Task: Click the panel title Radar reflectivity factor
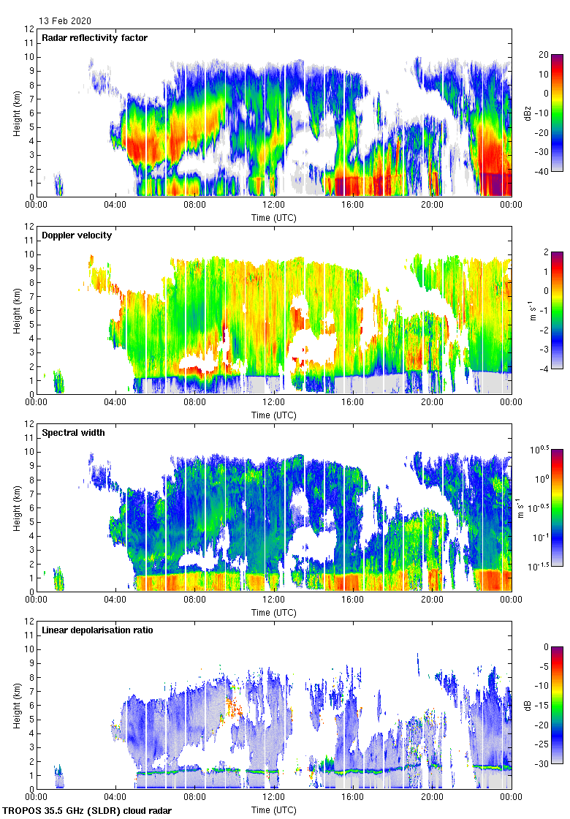click(95, 37)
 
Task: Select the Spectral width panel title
click(73, 432)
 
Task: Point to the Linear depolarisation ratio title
click(97, 630)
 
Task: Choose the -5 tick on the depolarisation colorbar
click(544, 666)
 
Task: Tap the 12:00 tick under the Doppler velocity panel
click(274, 401)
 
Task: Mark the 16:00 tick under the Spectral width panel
click(353, 599)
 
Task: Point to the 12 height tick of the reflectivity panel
click(28, 29)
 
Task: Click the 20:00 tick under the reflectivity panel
click(432, 204)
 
